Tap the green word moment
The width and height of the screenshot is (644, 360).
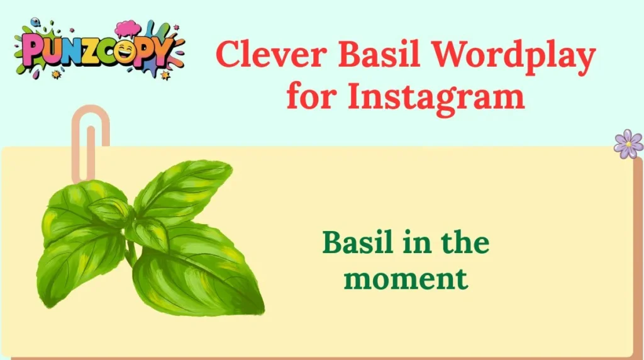click(x=406, y=278)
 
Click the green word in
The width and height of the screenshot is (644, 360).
click(x=414, y=242)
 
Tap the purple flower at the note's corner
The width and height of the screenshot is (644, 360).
click(x=628, y=143)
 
